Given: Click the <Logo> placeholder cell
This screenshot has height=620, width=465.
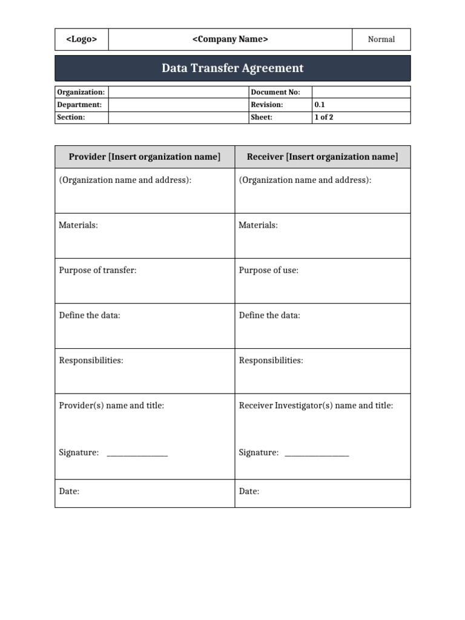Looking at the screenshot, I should pos(81,39).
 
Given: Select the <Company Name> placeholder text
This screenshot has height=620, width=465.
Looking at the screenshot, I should pos(230,39).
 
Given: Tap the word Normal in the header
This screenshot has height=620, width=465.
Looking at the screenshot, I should pos(381,39).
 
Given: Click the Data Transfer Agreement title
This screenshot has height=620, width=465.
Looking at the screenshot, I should pos(232,68).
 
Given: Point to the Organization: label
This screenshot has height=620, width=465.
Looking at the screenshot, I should pos(81,92).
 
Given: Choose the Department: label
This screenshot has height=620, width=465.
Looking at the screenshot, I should pos(79,105).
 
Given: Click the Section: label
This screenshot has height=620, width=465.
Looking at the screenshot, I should pos(71,117).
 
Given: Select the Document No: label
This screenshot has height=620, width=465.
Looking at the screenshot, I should pos(271,92).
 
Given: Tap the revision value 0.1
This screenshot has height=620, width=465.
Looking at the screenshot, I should pos(319,105).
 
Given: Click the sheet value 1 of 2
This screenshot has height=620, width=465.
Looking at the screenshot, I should pos(323,117).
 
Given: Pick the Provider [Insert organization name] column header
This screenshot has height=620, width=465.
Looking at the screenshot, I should pos(145,157).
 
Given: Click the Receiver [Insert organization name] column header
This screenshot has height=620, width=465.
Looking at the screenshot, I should pos(322,157).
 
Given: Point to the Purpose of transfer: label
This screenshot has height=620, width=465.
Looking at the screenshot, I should pos(97,270).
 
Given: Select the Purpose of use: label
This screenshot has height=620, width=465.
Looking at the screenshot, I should pos(269,270).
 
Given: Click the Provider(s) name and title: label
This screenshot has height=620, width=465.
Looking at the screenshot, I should pos(111,406).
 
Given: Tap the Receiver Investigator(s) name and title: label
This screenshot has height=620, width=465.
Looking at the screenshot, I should pos(316,406).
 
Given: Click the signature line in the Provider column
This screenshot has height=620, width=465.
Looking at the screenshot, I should pos(137,454).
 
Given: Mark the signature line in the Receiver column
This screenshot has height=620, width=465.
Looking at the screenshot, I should pos(317,454).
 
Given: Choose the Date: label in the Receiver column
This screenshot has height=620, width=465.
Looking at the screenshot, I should pos(249,492).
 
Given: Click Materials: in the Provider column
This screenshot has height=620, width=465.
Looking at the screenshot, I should pos(78,225).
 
